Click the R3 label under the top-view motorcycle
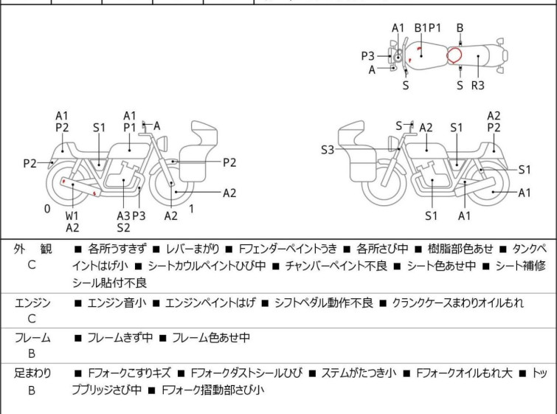(x=477, y=85)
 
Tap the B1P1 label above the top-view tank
(x=427, y=28)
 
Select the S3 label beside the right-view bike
(x=328, y=150)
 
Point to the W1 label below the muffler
(x=72, y=215)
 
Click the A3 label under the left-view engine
(x=123, y=215)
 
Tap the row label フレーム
(x=32, y=338)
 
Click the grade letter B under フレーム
(x=32, y=354)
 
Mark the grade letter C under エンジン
(x=32, y=319)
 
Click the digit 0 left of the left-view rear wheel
(x=47, y=209)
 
